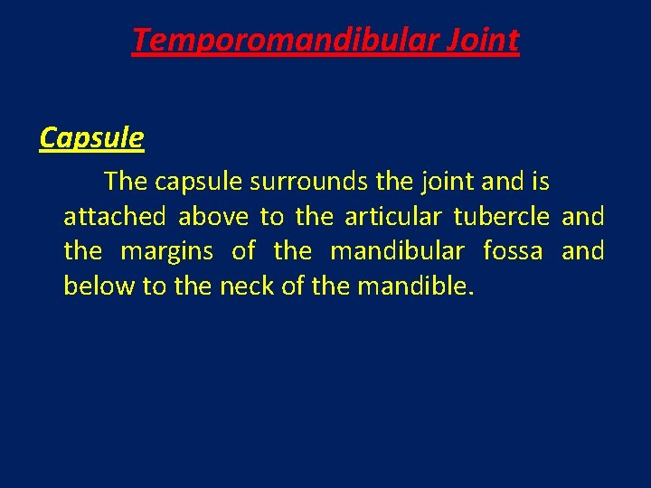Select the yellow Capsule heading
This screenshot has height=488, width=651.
91,137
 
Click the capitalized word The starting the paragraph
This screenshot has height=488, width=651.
126,182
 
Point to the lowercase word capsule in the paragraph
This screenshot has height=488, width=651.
199,183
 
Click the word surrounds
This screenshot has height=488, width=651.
308,182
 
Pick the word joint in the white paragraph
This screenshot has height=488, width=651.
445,183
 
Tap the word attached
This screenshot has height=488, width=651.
115,217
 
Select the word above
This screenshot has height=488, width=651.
213,217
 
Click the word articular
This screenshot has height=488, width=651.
394,217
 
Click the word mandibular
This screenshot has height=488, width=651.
397,251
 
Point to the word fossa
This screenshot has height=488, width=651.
513,251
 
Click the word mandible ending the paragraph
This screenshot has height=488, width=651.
414,286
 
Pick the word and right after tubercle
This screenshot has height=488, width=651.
583,217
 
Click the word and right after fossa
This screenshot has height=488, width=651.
583,251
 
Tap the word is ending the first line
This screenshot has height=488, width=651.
540,182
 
